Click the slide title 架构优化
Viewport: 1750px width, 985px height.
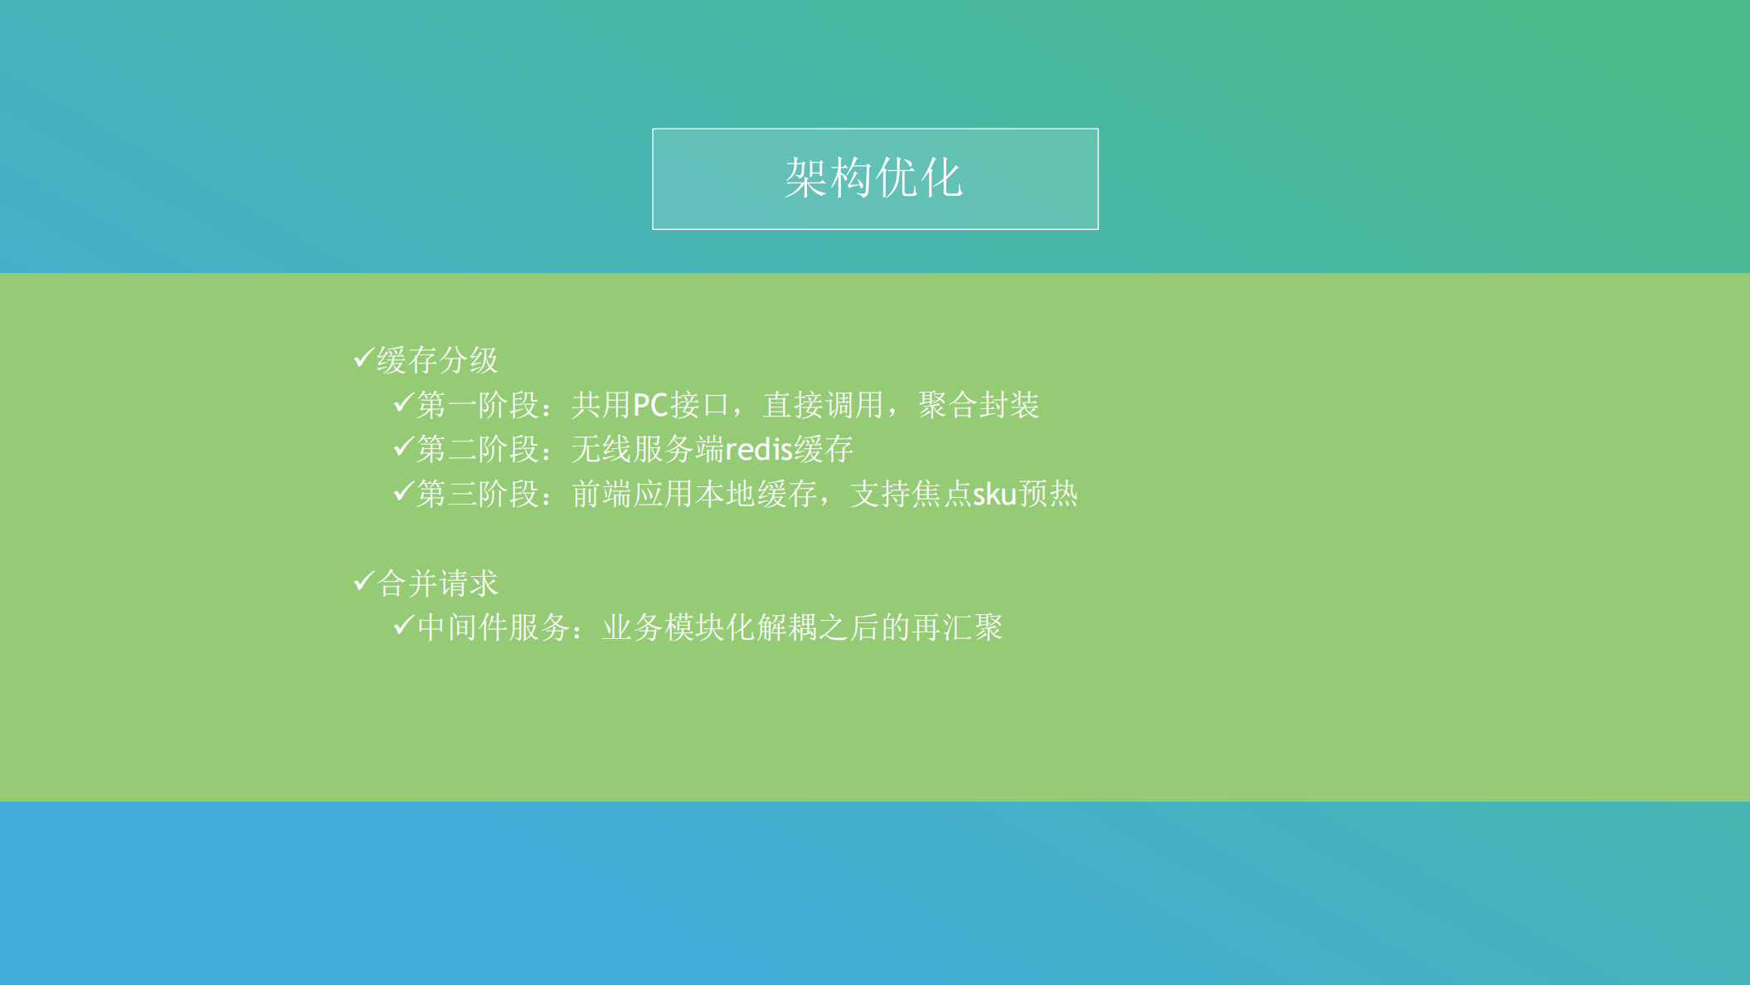[874, 178]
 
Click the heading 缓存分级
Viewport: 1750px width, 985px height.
[437, 360]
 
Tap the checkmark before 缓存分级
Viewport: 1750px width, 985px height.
[363, 358]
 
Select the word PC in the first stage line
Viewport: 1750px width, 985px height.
[650, 406]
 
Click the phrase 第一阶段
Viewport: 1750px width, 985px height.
[477, 406]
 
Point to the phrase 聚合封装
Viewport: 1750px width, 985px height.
[979, 406]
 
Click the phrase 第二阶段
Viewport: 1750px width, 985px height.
[477, 450]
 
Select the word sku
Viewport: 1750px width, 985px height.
[994, 495]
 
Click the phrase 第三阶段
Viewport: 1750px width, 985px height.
[477, 495]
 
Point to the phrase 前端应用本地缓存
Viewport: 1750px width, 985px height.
[694, 495]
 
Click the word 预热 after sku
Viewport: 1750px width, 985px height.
[1048, 495]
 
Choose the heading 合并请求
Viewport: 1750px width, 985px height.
[437, 583]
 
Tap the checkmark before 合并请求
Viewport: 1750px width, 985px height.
[363, 581]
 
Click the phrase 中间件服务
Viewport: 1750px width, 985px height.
[493, 628]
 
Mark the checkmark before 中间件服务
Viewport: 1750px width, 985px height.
[403, 625]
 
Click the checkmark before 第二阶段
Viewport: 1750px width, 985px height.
[403, 447]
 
